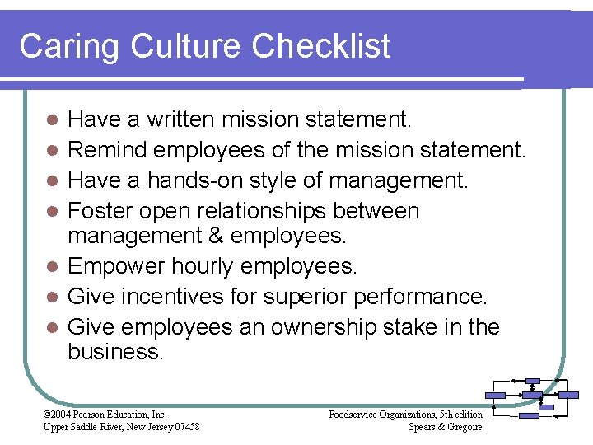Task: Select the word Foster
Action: (103, 211)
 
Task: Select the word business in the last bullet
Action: (115, 353)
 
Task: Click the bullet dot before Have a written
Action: (51, 120)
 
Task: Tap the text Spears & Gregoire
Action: (445, 426)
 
